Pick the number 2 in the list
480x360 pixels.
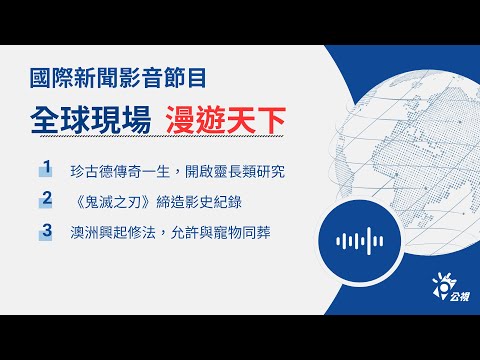tap(46, 201)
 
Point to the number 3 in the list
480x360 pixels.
tap(46, 233)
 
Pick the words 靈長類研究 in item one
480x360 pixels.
tap(246, 171)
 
